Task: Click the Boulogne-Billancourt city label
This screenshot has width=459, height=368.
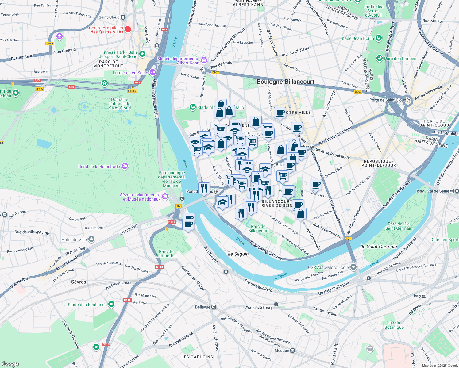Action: tap(285, 82)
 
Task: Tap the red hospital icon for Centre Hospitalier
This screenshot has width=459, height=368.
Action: tap(128, 30)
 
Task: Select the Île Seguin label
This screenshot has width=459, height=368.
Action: tap(238, 254)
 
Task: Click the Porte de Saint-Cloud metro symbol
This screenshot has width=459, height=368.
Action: tap(409, 100)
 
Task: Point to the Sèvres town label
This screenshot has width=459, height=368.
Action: tap(79, 282)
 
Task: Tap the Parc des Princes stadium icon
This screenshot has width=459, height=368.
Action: tap(380, 58)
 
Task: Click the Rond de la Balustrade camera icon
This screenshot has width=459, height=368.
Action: tap(125, 166)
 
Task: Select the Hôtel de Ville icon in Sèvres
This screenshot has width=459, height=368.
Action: tap(91, 239)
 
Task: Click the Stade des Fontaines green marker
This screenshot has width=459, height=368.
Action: tap(111, 304)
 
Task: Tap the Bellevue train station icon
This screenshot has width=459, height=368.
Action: tap(214, 307)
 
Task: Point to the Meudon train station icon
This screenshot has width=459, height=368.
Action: tap(293, 351)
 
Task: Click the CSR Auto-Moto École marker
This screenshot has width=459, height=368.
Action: tap(353, 267)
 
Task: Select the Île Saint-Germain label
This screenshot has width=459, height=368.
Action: tap(379, 247)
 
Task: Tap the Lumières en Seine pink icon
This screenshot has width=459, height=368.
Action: tap(153, 73)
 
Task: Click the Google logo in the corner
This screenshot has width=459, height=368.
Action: tap(10, 364)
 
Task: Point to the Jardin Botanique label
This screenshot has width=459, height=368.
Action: tap(394, 325)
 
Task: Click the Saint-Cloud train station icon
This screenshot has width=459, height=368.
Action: tap(123, 17)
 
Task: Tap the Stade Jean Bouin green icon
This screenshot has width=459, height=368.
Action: tap(379, 38)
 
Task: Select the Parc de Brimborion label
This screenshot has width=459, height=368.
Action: tap(166, 254)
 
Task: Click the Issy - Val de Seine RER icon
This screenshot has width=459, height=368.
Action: tap(452, 191)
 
